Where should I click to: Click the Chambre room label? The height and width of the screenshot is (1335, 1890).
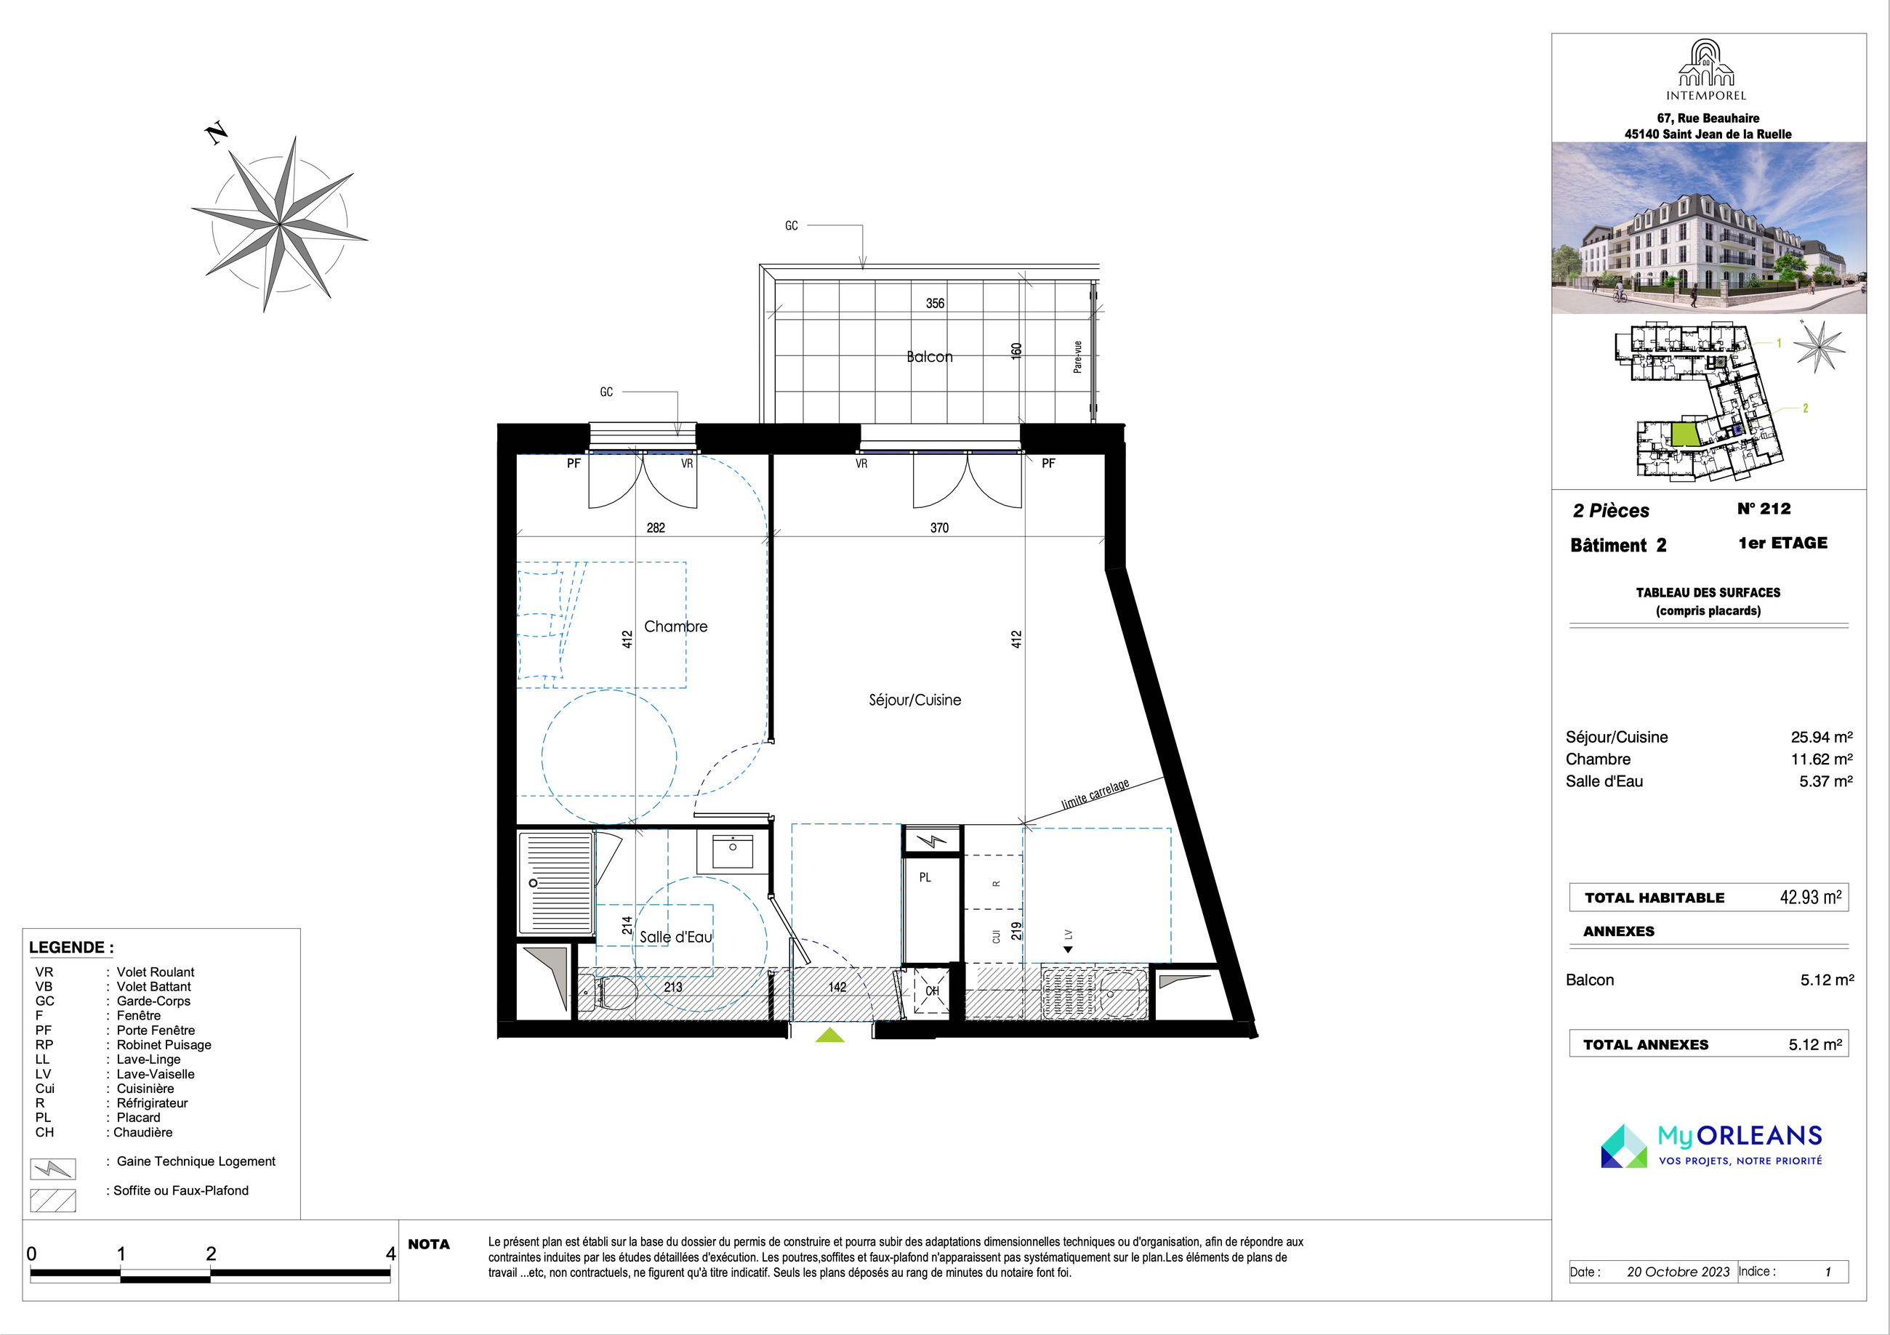[x=675, y=626]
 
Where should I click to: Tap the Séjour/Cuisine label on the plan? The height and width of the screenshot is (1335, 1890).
[x=914, y=700]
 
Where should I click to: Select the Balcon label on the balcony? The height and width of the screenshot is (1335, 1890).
[x=929, y=356]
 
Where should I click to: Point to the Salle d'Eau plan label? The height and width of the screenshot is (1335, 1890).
[x=676, y=937]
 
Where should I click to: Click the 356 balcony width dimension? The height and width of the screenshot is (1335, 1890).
[x=935, y=303]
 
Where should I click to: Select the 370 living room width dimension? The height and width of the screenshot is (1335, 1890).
[x=939, y=528]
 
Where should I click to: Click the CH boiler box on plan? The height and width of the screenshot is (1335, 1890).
[x=933, y=991]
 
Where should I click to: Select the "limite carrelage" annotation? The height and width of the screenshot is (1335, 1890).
[x=1095, y=794]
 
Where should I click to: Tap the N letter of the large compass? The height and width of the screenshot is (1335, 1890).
[x=217, y=133]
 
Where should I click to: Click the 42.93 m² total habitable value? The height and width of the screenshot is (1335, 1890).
[x=1811, y=896]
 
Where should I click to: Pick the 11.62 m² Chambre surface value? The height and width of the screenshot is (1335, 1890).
[x=1822, y=759]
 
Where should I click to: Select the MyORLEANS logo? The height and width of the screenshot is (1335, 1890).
[x=1711, y=1146]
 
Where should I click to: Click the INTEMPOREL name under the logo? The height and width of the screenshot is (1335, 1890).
[x=1706, y=95]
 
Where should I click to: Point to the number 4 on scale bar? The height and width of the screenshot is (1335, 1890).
[x=391, y=1254]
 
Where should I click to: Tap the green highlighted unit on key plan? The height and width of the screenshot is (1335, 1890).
[x=1685, y=434]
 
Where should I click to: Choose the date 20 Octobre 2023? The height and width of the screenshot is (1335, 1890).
[x=1678, y=1272]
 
